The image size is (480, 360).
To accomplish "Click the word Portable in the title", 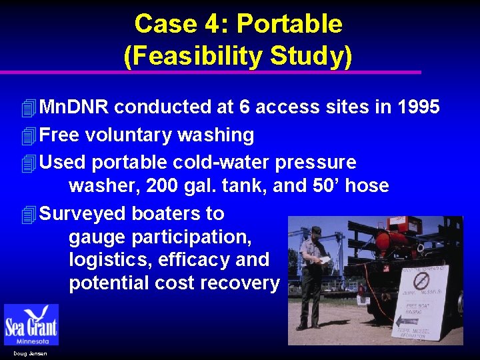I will pos(289,24).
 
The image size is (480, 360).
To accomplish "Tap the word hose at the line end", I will pos(367,185).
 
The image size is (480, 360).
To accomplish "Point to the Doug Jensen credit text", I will pos(30,353).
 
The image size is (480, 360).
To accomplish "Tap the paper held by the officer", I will pos(325,260).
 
